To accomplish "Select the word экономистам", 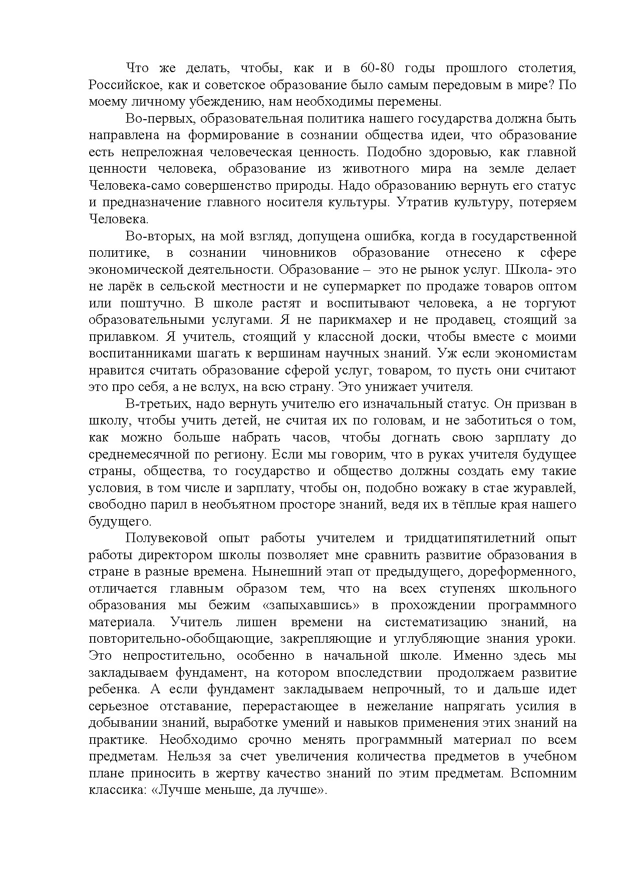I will coord(535,353).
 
